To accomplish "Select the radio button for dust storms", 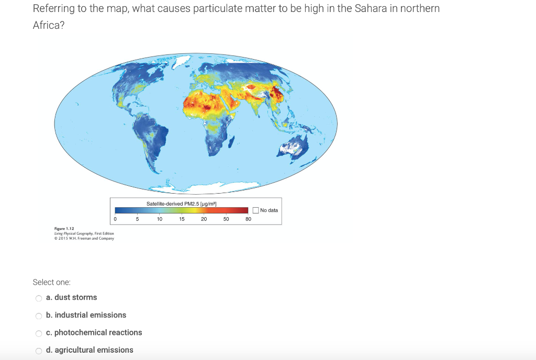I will point(38,298).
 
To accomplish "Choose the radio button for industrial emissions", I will point(38,316).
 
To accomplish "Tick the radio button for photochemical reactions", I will point(38,333).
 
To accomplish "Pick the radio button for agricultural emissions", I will point(38,351).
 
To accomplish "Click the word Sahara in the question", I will point(365,9).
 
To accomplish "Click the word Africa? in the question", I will point(49,26).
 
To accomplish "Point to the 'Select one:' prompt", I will point(51,282).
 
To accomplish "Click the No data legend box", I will point(255,210).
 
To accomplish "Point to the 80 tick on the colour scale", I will point(248,219).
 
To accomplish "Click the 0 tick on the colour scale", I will point(115,219).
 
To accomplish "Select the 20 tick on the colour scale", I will point(204,219).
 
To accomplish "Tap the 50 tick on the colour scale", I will point(226,219).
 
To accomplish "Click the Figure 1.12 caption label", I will point(64,229).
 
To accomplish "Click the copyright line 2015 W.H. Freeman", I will point(84,238).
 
